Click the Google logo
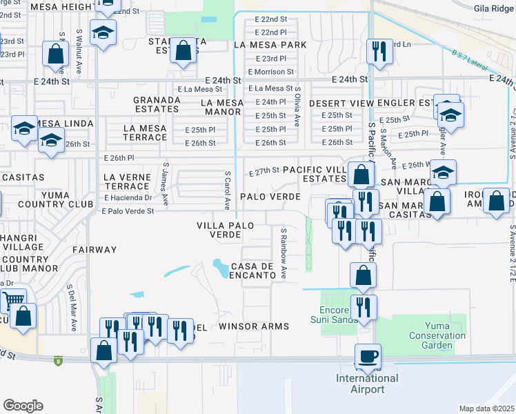tap(23, 406)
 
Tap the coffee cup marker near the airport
tap(367, 356)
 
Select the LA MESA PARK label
tap(269, 45)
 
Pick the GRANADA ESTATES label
tap(157, 103)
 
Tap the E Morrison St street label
tap(270, 71)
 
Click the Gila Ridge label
tap(494, 9)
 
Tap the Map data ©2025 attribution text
tap(487, 408)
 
